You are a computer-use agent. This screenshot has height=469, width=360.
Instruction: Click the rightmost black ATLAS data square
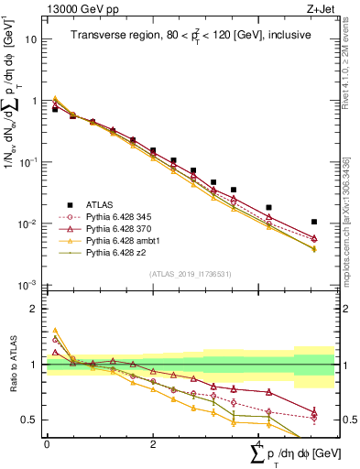pyautogui.click(x=314, y=222)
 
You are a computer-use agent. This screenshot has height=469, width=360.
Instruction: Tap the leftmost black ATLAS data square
pyautogui.click(x=55, y=109)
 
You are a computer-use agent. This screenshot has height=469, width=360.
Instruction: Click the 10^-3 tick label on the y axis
pyautogui.click(x=28, y=286)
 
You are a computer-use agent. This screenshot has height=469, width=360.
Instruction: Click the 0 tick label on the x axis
pyautogui.click(x=47, y=444)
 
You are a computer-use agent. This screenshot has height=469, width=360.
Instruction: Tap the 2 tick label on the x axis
pyautogui.click(x=153, y=444)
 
